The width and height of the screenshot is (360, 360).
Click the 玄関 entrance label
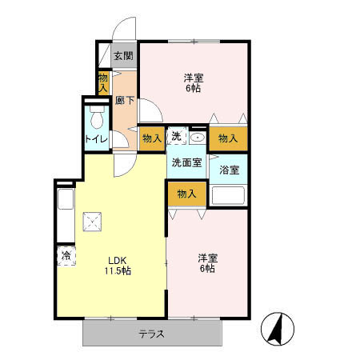(122, 56)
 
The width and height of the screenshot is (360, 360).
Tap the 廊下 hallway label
(124, 101)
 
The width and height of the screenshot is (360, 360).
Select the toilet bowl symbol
(97, 119)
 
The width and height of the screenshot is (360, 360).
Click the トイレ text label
(97, 139)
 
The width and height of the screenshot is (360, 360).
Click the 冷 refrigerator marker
(64, 256)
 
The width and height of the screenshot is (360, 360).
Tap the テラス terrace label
(151, 334)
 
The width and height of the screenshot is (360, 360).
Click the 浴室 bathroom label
(229, 170)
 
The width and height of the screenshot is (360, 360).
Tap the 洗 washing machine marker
(178, 137)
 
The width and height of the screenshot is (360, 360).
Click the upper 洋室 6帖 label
(194, 83)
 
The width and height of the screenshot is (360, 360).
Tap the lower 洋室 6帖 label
(207, 263)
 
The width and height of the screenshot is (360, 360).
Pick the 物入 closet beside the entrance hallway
(103, 82)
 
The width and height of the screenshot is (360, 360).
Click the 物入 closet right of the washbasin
(228, 138)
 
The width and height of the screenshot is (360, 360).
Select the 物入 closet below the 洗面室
(186, 194)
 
